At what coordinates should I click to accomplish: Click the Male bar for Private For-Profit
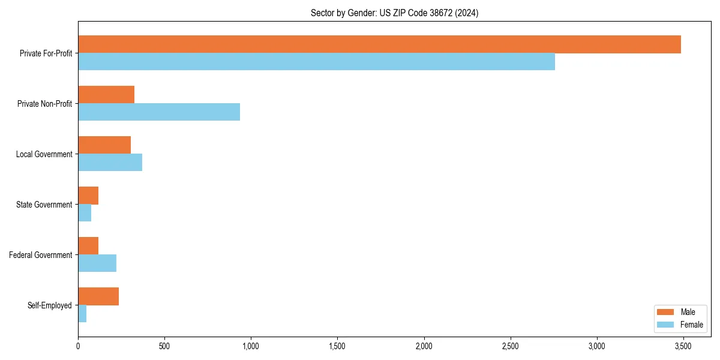[379, 44]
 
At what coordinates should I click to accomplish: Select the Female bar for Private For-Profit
[316, 62]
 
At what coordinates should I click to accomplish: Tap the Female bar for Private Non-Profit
[159, 112]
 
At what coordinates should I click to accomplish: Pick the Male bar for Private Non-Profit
[106, 95]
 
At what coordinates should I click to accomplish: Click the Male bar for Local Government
[104, 145]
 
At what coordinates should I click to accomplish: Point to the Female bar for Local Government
[110, 163]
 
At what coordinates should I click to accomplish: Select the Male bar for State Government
[88, 196]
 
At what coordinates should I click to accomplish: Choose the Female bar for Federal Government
[97, 263]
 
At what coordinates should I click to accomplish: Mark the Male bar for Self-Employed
[98, 296]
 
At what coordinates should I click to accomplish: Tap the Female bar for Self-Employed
[82, 314]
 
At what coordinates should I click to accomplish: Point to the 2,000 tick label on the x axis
[424, 346]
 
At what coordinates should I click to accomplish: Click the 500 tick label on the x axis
[164, 346]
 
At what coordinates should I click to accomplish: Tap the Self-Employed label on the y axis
[50, 305]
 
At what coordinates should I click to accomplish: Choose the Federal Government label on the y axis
[41, 255]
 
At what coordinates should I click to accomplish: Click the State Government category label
[44, 205]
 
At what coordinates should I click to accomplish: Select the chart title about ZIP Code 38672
[394, 13]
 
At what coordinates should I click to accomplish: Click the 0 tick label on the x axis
[78, 346]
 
